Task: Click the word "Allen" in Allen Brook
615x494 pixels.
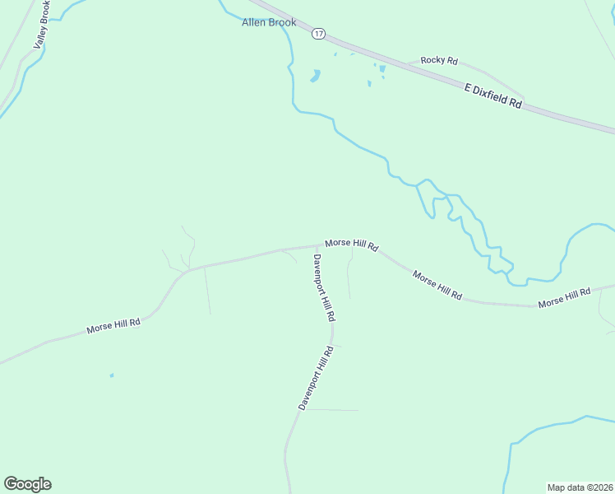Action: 254,22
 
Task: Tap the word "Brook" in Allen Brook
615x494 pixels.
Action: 282,22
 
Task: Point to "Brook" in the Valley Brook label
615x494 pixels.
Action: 45,12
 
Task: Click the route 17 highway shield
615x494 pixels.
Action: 319,34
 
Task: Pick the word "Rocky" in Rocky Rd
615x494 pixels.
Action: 432,60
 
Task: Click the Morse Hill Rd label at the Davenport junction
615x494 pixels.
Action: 351,244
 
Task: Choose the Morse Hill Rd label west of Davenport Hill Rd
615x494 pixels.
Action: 113,326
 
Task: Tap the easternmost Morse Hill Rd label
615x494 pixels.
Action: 565,298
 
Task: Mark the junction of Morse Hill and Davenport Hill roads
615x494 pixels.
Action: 317,245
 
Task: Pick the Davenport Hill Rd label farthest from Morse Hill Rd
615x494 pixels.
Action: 316,378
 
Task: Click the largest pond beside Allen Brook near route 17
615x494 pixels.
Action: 314,77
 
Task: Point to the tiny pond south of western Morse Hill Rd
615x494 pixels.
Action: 112,375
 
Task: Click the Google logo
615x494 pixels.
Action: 27,484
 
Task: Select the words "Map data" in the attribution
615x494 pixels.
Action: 564,487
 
